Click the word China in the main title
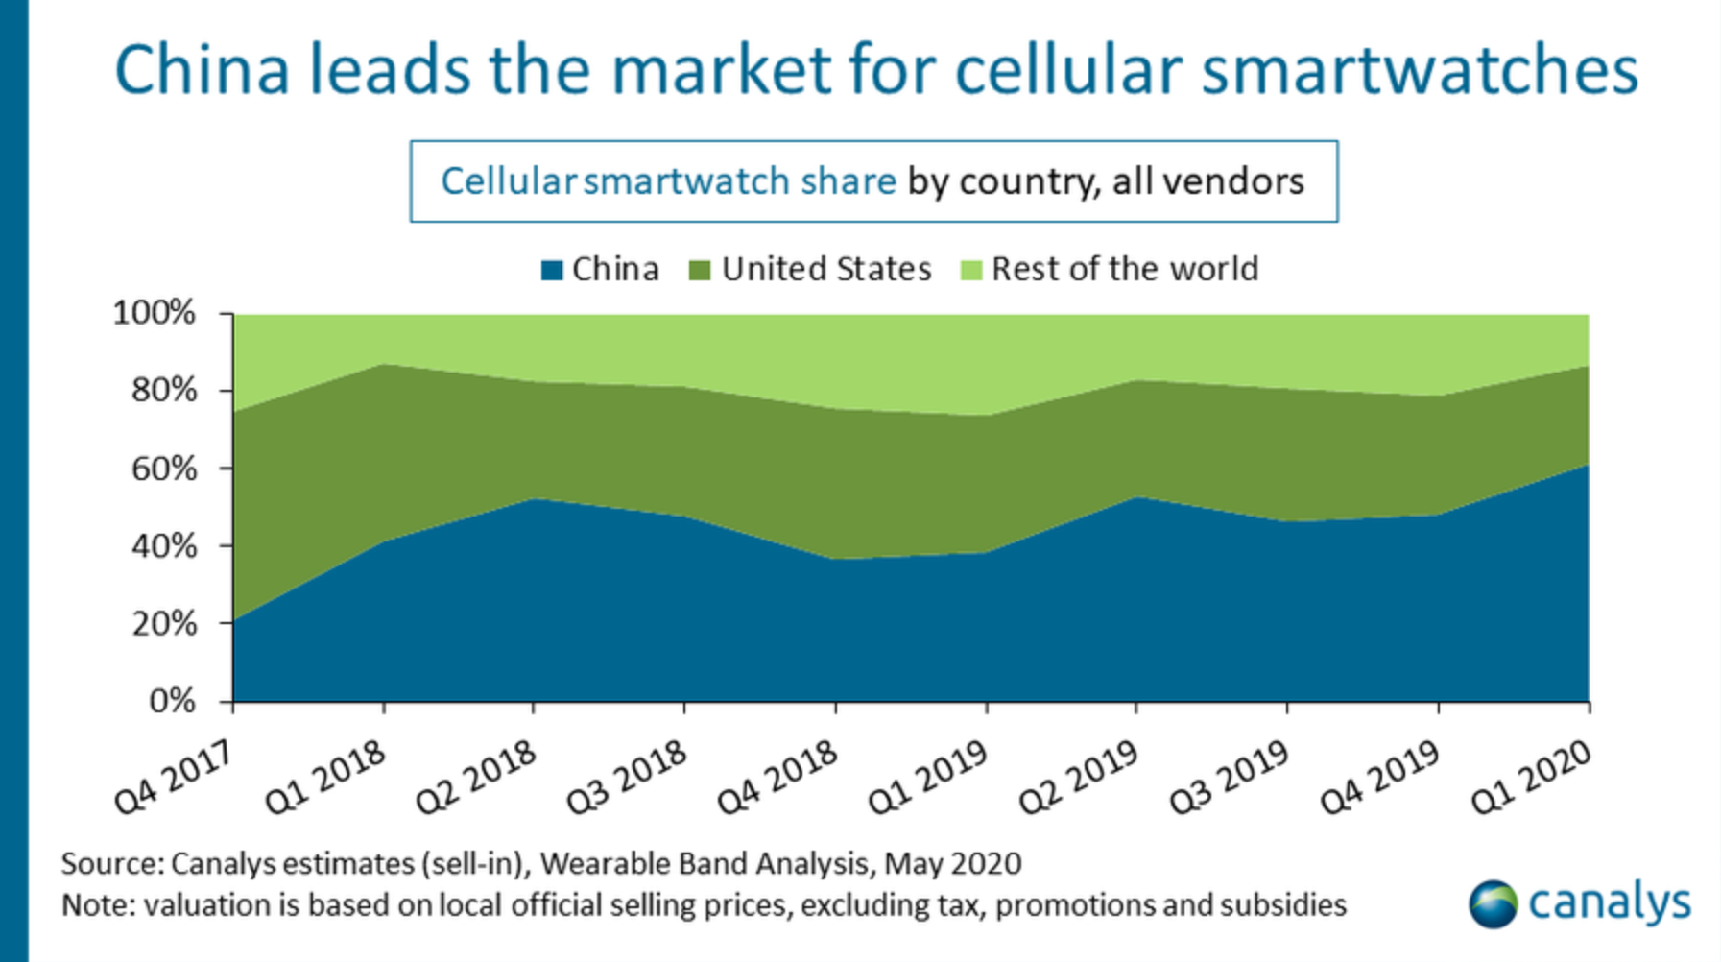point(202,70)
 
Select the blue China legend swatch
point(552,270)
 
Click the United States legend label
point(826,269)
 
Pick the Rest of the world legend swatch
point(971,270)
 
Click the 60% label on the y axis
point(164,469)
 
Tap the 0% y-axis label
point(172,702)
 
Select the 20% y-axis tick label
point(164,624)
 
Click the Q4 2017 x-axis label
point(174,778)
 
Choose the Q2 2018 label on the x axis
point(476,778)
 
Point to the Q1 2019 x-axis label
point(928,778)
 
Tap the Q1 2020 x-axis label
point(1532,778)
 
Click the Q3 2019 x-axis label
point(1230,778)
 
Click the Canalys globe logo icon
point(1493,903)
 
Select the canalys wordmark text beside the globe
point(1609,903)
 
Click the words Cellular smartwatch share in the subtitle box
point(668,181)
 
